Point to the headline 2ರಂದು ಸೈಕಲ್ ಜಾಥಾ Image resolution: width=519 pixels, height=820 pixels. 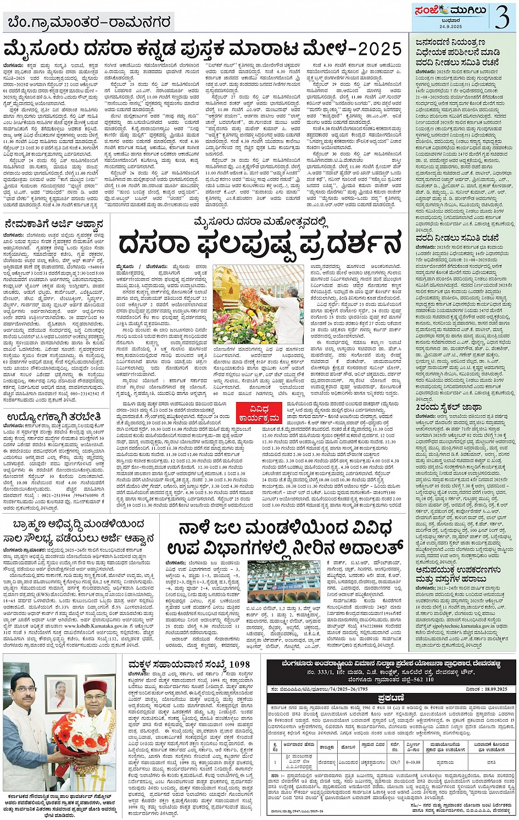(x=449, y=408)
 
